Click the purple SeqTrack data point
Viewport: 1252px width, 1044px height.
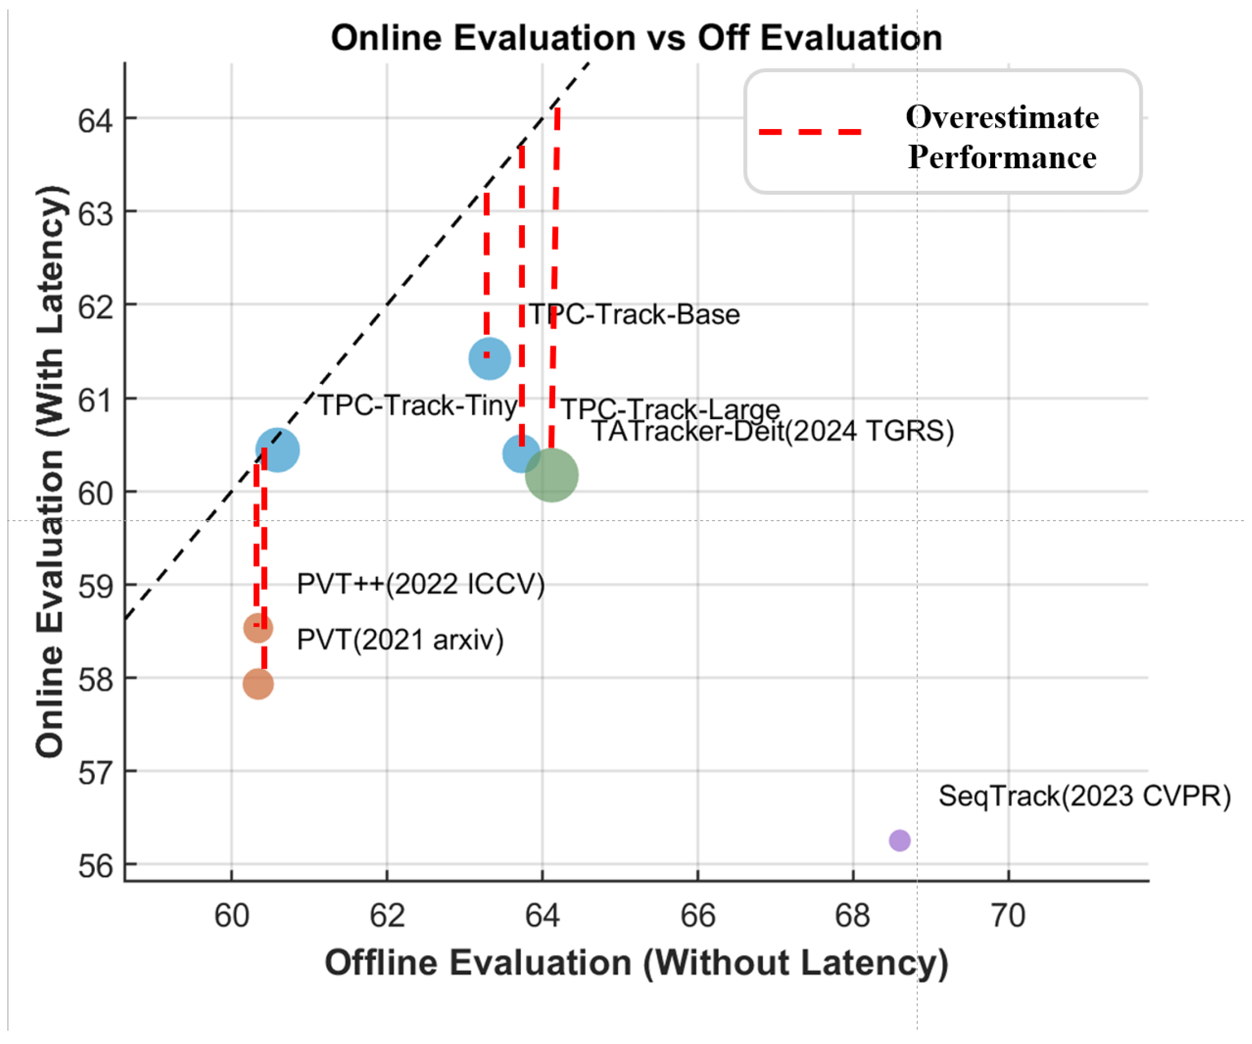899,840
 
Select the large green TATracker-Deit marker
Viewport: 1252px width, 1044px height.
551,475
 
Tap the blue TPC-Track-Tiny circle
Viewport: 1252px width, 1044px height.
278,450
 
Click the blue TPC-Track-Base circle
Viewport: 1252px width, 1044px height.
490,358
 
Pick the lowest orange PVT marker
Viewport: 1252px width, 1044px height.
258,683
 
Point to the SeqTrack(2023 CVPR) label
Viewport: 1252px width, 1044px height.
1084,796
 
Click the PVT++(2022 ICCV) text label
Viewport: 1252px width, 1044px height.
421,584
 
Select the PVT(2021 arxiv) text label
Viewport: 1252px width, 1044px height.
400,640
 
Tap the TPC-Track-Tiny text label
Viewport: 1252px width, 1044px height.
417,406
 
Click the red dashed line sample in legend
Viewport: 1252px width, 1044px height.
810,131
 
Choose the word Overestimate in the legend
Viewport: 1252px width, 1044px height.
1002,117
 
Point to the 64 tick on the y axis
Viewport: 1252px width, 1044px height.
95,120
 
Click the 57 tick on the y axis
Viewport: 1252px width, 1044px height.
95,773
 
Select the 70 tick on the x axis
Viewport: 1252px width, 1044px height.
1008,915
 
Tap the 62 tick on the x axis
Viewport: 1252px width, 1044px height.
387,915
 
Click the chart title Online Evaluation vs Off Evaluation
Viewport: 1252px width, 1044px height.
636,38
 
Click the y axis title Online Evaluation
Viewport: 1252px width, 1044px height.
50,472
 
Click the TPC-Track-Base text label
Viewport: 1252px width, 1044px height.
635,314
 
